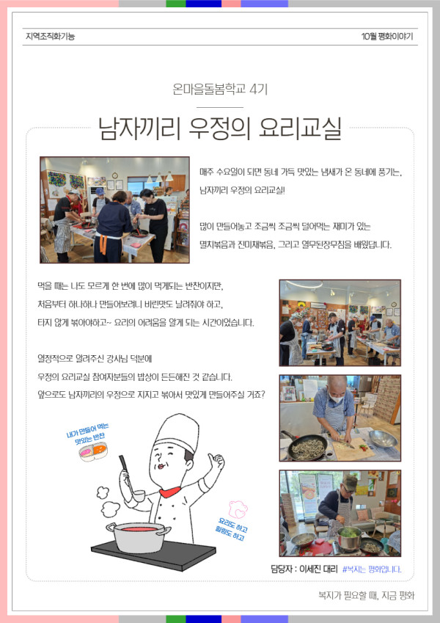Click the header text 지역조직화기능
[x=50, y=37]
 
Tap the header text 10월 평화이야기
[x=387, y=37]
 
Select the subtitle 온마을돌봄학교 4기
[x=220, y=89]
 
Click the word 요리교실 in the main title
[x=300, y=128]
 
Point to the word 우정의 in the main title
[x=219, y=128]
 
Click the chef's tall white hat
[x=177, y=432]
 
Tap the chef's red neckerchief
[x=170, y=492]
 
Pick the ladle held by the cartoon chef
[x=131, y=478]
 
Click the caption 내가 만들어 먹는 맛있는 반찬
[x=89, y=434]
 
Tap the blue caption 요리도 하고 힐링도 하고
[x=231, y=528]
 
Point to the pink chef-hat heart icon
[x=238, y=509]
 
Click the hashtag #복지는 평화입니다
[x=372, y=569]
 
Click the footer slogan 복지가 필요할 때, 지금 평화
[x=366, y=595]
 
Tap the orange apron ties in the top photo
[x=103, y=244]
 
